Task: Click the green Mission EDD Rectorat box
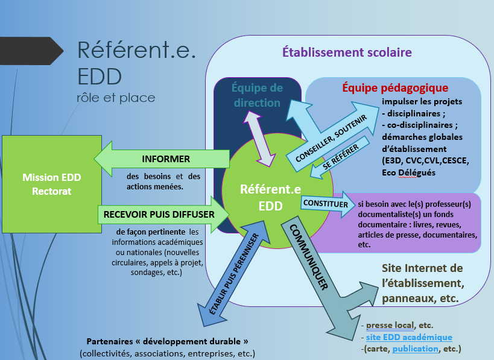click(x=51, y=183)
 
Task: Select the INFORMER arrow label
click(x=166, y=159)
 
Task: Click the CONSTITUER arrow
click(x=326, y=204)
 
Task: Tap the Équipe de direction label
click(x=257, y=95)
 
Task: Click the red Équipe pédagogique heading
click(x=395, y=88)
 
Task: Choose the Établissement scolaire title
click(x=347, y=52)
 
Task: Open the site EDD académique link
click(x=409, y=337)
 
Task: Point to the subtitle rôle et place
click(x=116, y=97)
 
